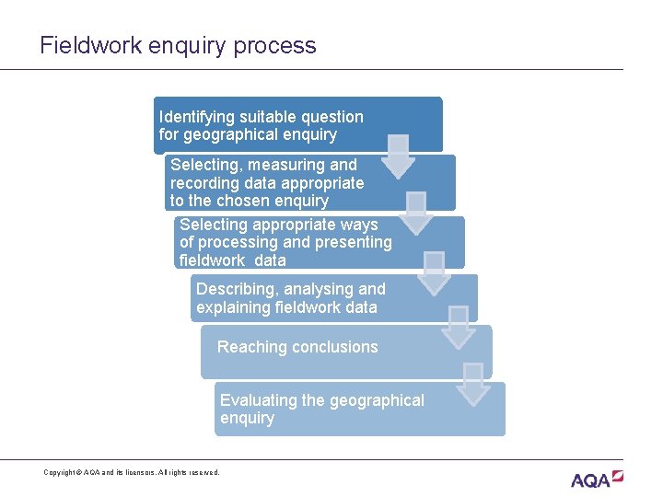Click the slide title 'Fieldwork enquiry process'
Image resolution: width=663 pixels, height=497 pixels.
coord(178,45)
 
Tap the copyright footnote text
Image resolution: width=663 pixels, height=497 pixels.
coord(132,472)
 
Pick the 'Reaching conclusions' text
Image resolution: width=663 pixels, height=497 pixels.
coord(297,347)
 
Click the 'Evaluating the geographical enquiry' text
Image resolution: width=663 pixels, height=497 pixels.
coord(321,409)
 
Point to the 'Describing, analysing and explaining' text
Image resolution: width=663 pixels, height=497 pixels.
coord(290,298)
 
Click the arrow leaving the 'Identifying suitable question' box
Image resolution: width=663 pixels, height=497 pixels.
coord(398,156)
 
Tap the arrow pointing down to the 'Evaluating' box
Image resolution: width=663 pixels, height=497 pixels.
coord(473,384)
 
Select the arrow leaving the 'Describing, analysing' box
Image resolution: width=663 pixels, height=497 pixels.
coord(457,327)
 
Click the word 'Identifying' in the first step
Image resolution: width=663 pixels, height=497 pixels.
coord(196,117)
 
